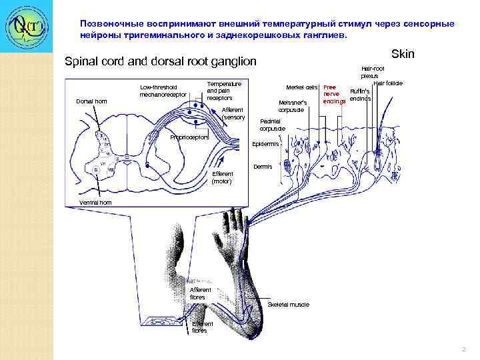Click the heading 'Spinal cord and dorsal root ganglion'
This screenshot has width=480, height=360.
(160, 62)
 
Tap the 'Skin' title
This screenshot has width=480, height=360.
(403, 53)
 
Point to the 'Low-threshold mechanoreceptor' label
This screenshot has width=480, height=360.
(159, 91)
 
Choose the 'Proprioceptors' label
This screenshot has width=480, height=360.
(189, 138)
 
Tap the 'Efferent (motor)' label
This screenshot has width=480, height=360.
(222, 177)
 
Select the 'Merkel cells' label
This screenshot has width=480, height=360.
(301, 88)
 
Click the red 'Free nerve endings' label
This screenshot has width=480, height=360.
(334, 95)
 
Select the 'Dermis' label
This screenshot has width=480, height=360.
(263, 167)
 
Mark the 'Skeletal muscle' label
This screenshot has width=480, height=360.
(288, 305)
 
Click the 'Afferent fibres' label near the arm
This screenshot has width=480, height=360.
(200, 293)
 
